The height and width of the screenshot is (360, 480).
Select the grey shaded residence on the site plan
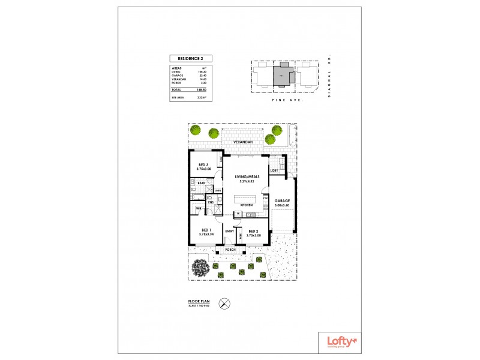click(281, 76)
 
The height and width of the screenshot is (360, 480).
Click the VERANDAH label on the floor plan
click(243, 143)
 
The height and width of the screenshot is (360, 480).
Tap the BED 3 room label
click(203, 166)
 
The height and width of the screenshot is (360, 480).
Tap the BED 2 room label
click(253, 232)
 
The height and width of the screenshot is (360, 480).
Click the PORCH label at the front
click(231, 249)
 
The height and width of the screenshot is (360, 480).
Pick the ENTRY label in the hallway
click(229, 231)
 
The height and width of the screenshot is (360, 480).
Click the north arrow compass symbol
click(224, 304)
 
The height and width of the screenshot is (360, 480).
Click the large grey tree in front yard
click(199, 268)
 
